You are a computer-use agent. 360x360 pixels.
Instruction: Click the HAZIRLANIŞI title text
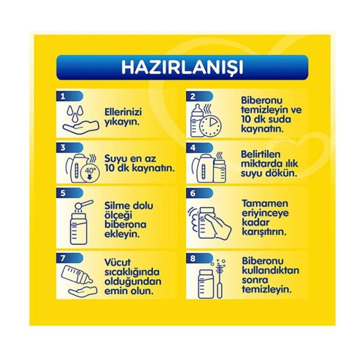click(x=182, y=67)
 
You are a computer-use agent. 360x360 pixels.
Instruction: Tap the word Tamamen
click(x=259, y=204)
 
